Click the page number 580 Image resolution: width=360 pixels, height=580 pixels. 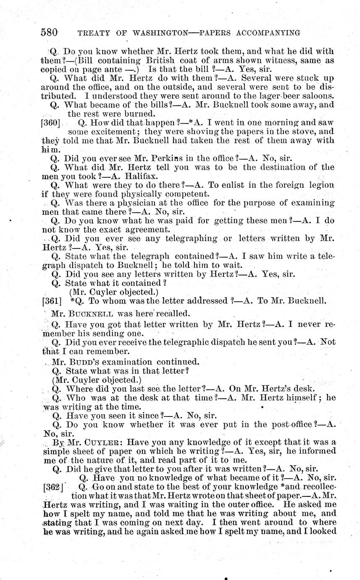click(49, 32)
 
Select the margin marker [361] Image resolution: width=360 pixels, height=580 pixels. click(52, 301)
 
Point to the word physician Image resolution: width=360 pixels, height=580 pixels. click(124, 203)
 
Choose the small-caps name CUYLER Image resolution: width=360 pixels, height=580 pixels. click(105, 443)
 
